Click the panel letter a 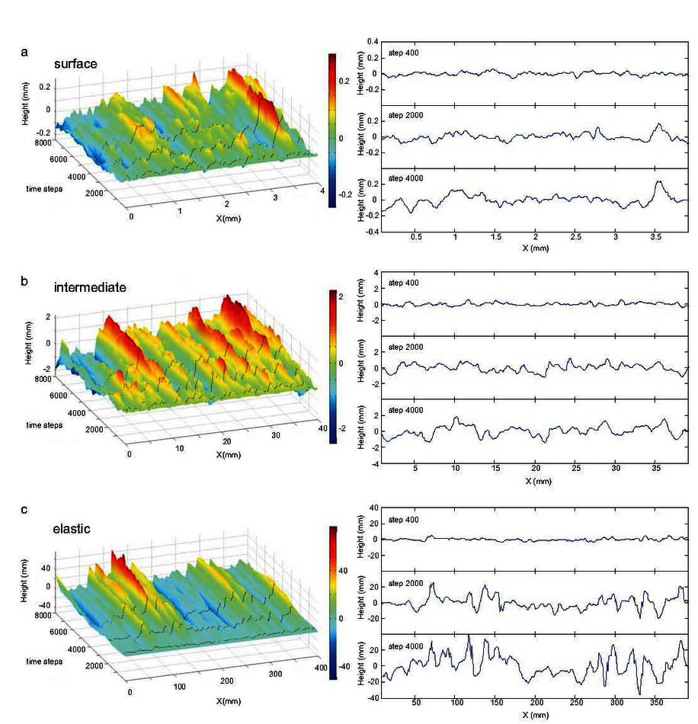point(25,53)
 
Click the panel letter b point(25,281)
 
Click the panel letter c point(25,510)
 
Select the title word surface point(75,64)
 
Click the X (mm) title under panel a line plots point(536,249)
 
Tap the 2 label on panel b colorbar point(342,296)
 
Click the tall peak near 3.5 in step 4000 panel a point(658,182)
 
